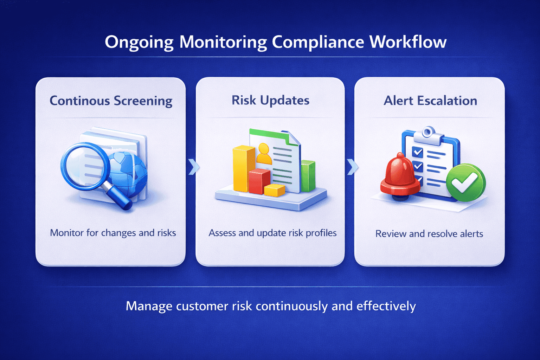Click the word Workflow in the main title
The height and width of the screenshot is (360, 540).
coord(408,42)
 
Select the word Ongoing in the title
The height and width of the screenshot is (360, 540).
coord(139,43)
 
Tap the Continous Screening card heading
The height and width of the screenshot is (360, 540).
coord(111,101)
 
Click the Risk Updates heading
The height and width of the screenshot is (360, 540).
coord(270,101)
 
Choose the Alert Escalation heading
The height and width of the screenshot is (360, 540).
coord(430,101)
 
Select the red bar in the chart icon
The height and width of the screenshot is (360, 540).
coord(259,181)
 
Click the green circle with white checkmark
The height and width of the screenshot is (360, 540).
coord(465,183)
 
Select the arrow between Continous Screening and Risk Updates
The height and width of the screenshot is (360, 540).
coord(193,167)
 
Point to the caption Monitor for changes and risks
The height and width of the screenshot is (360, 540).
coord(113,233)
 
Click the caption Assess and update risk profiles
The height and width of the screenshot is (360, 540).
coord(272,233)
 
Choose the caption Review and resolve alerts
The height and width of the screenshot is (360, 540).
coord(429,234)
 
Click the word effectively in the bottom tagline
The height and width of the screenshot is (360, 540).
coord(386,306)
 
